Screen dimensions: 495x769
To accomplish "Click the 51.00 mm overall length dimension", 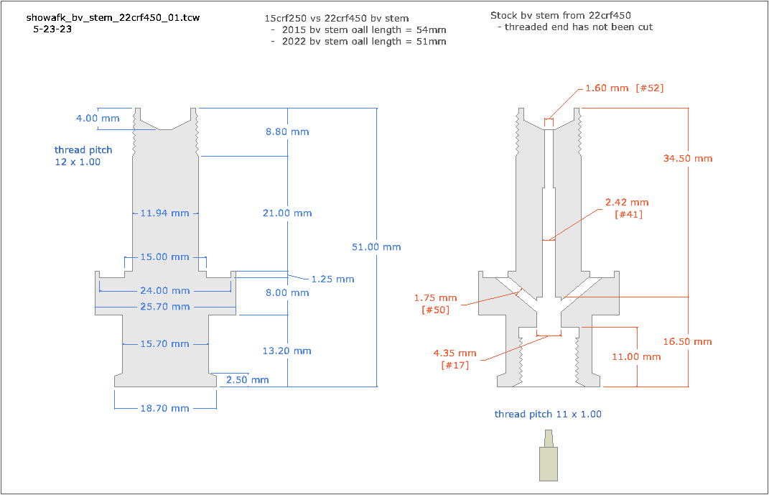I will click(x=376, y=247).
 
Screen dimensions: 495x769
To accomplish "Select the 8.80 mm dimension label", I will click(x=287, y=131).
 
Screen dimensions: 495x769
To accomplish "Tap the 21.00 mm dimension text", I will click(x=287, y=213).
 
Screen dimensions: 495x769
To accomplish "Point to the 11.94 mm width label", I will click(x=164, y=213).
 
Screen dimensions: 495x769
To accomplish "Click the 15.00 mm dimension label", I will click(x=164, y=257).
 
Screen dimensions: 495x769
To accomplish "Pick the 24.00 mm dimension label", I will click(x=165, y=291).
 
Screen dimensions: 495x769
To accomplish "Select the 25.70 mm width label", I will click(x=165, y=307).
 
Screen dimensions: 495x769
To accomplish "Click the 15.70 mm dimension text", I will click(x=164, y=344).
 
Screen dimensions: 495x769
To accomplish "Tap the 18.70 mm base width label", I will click(x=164, y=408).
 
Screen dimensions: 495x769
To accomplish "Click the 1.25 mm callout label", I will click(x=332, y=279).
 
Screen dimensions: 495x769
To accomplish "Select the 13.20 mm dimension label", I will click(x=287, y=351).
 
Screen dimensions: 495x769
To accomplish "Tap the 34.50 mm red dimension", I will click(x=688, y=158).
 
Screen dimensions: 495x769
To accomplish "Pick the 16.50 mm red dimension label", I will click(x=688, y=341).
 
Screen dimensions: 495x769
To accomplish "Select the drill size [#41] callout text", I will click(x=628, y=214).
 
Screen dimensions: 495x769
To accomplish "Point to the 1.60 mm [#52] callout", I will click(x=624, y=88).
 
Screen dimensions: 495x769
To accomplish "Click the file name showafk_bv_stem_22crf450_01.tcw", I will click(x=113, y=17).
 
